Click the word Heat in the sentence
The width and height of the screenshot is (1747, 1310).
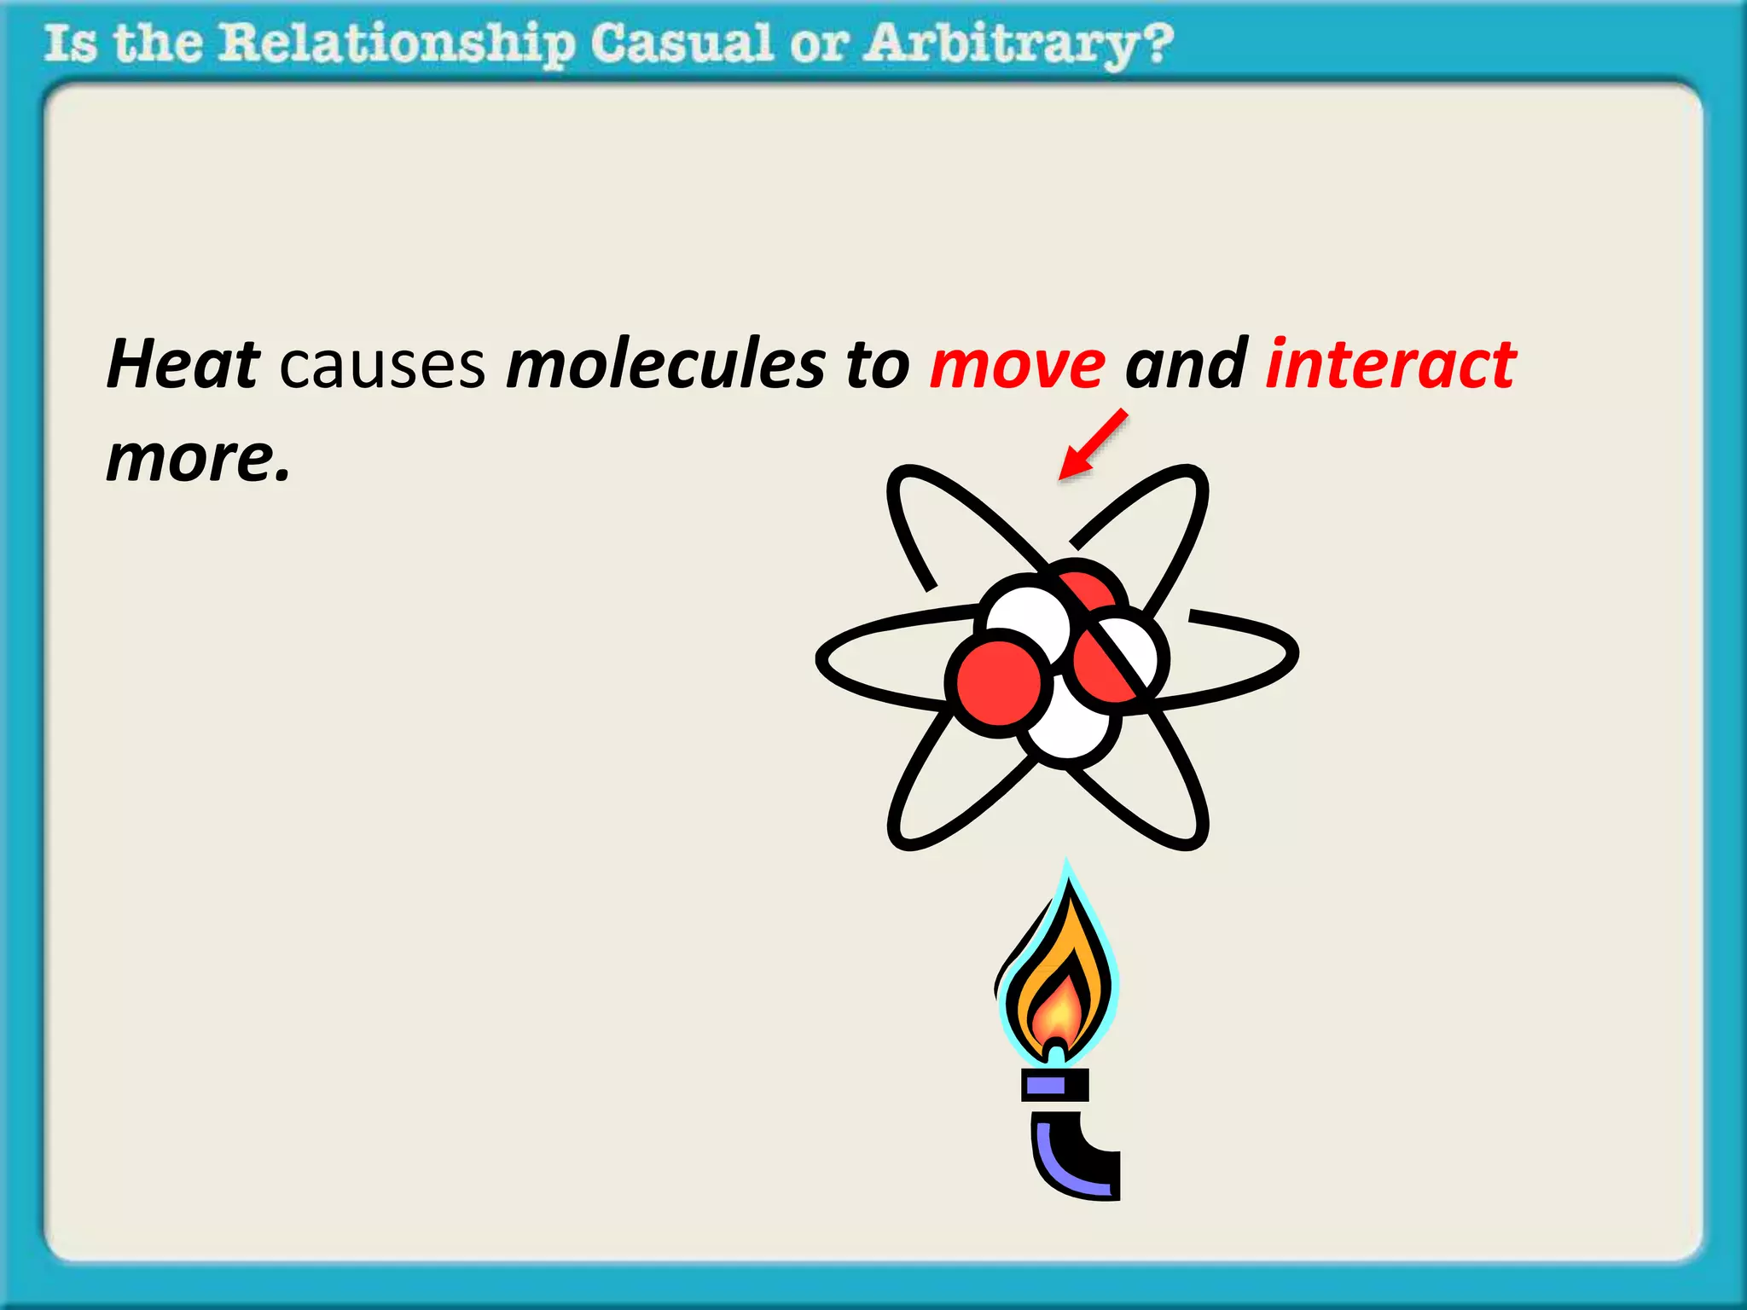183,364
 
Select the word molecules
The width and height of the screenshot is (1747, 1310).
666,364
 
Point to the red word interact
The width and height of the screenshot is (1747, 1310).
1390,364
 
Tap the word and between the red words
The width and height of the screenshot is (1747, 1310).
1187,364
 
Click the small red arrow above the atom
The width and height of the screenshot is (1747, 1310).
1093,444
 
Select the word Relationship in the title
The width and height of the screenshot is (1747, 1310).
397,44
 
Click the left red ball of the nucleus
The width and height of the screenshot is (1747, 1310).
998,683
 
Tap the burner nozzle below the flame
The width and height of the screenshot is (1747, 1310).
1055,1085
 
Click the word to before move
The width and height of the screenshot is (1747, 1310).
878,365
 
